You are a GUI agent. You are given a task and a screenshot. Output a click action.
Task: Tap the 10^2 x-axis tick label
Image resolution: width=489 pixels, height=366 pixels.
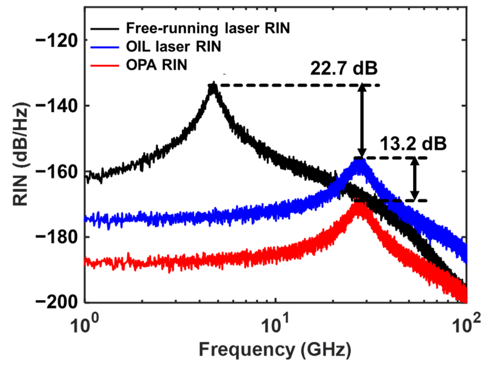[467, 322]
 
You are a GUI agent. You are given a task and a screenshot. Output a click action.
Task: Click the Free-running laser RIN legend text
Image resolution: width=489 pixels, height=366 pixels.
[208, 28]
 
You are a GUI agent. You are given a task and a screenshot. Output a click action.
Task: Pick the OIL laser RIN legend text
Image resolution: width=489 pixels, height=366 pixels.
[173, 47]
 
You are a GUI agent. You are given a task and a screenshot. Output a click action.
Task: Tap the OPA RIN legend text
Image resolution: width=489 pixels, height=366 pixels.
[156, 65]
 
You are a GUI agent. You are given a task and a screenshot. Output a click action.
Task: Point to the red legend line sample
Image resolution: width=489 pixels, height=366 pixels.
[105, 65]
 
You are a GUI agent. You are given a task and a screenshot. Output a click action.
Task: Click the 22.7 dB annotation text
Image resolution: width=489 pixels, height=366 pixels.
[344, 69]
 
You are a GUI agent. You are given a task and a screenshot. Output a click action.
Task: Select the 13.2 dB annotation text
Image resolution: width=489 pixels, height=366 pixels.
[413, 144]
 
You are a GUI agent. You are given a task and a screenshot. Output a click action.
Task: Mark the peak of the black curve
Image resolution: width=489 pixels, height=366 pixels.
[214, 85]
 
